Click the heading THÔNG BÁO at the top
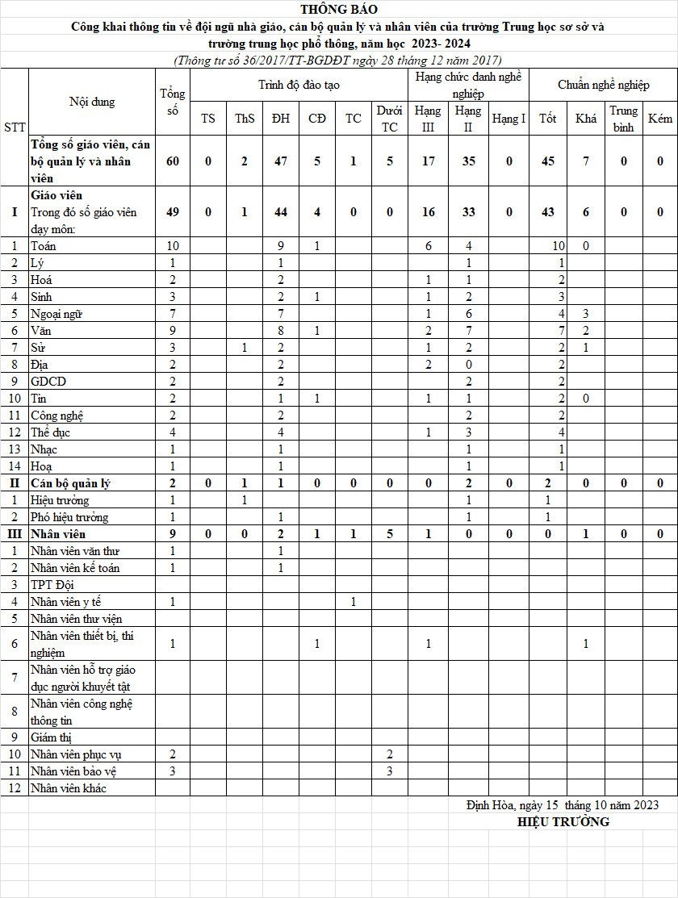click(x=338, y=10)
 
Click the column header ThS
click(x=245, y=119)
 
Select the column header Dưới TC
click(x=389, y=119)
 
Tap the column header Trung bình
click(x=623, y=119)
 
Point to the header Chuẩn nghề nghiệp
click(x=603, y=85)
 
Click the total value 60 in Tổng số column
click(x=172, y=161)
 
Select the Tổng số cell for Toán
click(x=172, y=246)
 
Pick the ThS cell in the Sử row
click(x=245, y=347)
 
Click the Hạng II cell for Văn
click(x=468, y=330)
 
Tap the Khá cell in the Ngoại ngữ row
click(x=586, y=313)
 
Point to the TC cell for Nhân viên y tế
click(x=354, y=601)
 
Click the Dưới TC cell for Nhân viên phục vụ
click(x=389, y=754)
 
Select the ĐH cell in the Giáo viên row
click(x=281, y=212)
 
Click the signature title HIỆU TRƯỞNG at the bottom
click(x=563, y=822)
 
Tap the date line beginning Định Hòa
click(x=562, y=805)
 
